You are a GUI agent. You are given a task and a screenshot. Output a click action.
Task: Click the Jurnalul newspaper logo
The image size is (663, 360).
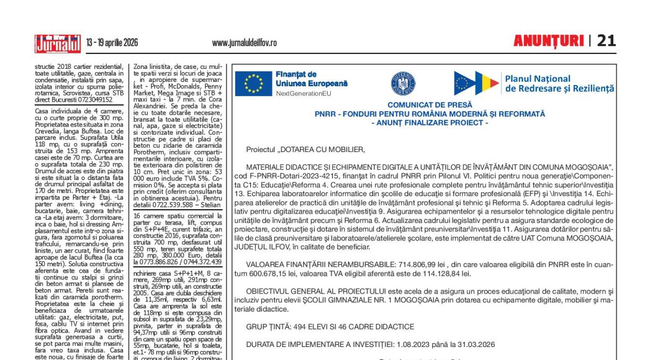[58, 43]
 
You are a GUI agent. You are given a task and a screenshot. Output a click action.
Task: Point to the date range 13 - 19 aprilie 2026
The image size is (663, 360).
[112, 43]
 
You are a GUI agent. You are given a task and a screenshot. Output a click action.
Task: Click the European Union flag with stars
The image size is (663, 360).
[253, 84]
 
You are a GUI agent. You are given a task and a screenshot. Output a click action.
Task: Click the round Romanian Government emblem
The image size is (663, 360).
[402, 83]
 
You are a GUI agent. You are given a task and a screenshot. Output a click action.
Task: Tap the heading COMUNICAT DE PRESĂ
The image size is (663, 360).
[430, 106]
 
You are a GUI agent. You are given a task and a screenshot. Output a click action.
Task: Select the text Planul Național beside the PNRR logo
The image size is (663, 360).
[538, 79]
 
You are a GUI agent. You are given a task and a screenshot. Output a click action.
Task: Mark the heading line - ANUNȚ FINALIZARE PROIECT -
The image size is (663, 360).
[430, 123]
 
